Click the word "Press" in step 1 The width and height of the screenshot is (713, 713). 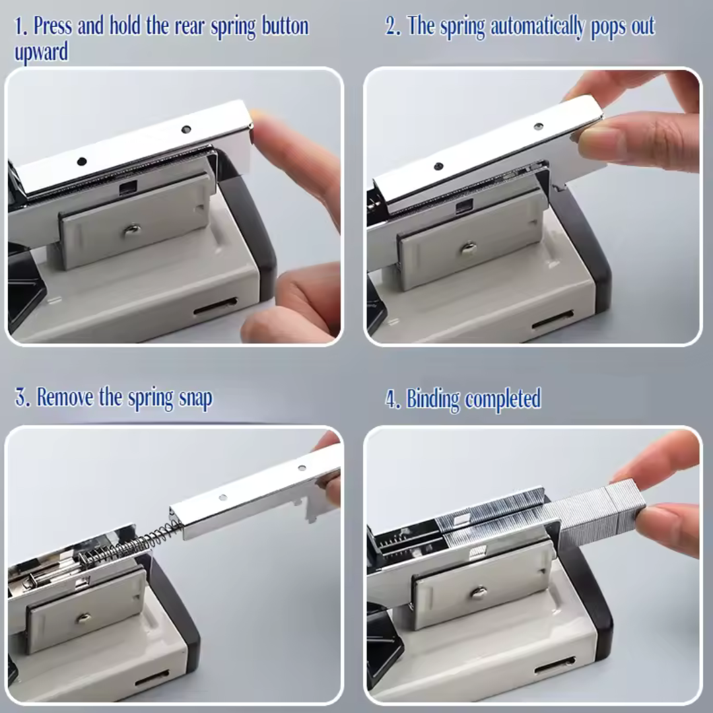(x=53, y=26)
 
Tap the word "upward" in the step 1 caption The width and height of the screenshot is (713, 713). (x=42, y=52)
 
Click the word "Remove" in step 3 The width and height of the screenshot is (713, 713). (x=65, y=397)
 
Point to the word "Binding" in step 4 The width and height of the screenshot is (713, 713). (x=433, y=399)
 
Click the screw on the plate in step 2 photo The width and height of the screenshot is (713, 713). (x=468, y=249)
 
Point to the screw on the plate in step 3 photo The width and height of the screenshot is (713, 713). (x=83, y=617)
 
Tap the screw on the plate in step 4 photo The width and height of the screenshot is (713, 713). (x=479, y=592)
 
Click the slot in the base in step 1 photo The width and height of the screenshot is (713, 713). (x=215, y=306)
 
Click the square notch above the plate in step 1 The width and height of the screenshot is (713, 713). (x=128, y=187)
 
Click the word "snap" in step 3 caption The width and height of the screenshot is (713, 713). (x=195, y=399)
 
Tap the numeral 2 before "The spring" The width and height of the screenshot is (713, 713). (x=391, y=26)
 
